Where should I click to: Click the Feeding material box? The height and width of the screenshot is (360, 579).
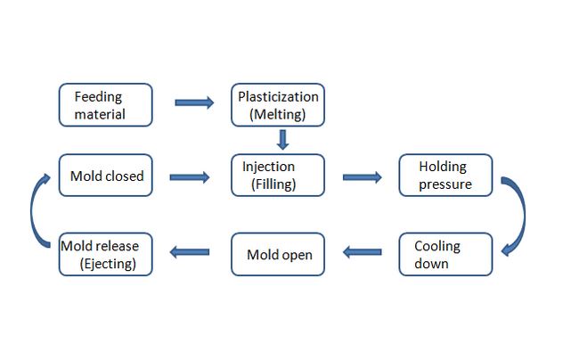click(105, 104)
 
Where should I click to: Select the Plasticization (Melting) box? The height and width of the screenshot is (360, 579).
click(278, 104)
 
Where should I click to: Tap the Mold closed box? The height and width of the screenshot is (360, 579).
click(105, 176)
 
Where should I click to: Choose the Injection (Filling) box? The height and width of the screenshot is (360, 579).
click(278, 176)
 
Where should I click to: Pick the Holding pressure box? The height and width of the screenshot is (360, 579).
click(444, 176)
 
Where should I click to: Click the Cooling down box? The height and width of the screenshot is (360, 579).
click(444, 254)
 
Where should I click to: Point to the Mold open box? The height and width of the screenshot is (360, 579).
click(278, 254)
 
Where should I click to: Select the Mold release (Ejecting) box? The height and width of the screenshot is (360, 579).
click(105, 254)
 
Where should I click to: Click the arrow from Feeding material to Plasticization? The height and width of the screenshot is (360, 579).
click(194, 102)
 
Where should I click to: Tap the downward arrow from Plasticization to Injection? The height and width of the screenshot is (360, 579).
click(282, 140)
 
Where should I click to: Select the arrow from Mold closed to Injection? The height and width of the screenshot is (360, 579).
click(189, 177)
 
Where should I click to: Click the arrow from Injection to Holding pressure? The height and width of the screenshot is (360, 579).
click(361, 177)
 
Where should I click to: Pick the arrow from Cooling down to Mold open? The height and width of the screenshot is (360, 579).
click(363, 252)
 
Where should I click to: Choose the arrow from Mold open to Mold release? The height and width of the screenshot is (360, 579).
click(189, 252)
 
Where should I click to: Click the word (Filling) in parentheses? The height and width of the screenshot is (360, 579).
click(273, 185)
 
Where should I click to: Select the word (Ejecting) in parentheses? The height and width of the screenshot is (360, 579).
click(106, 264)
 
